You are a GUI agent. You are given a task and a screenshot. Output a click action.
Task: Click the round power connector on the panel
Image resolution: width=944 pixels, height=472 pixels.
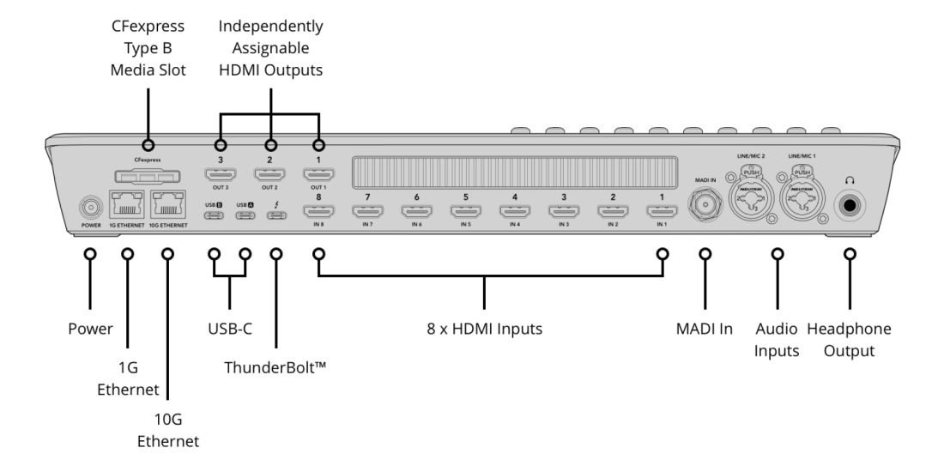[89, 207]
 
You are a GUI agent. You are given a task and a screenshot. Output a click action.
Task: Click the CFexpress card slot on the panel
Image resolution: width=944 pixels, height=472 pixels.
[148, 176]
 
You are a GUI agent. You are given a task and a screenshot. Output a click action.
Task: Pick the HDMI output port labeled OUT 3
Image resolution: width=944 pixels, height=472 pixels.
[220, 176]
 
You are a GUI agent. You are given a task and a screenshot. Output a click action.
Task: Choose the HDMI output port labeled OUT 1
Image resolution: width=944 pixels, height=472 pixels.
[319, 176]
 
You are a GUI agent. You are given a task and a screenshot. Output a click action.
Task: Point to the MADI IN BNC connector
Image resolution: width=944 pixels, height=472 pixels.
[705, 207]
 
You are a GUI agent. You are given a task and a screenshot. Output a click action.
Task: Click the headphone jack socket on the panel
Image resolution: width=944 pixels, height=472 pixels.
[850, 206]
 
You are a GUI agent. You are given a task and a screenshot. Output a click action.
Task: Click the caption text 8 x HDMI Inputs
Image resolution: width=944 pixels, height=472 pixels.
[484, 328]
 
